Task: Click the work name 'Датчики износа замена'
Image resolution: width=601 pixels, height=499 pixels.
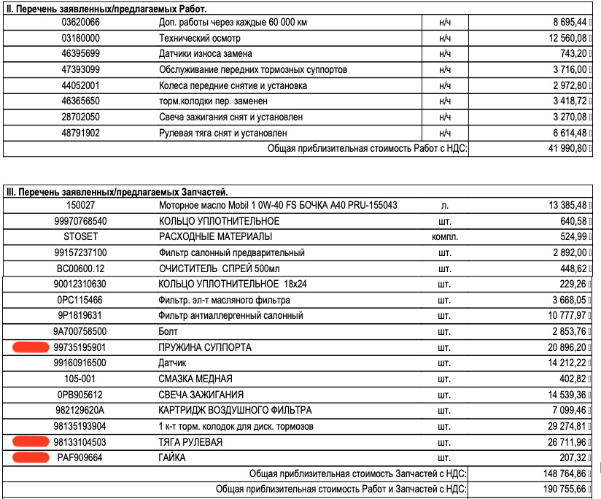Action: point(206,54)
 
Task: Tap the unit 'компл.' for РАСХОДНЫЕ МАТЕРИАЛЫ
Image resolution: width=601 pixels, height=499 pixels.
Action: point(444,237)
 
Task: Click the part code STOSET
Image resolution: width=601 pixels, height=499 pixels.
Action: point(81,237)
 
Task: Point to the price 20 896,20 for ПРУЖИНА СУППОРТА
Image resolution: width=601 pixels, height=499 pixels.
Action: point(562,348)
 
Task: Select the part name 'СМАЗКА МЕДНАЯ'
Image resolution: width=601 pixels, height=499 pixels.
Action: point(195,379)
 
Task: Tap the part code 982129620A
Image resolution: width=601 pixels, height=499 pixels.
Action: point(81,411)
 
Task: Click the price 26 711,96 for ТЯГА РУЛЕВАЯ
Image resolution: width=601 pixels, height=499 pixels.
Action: point(562,442)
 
